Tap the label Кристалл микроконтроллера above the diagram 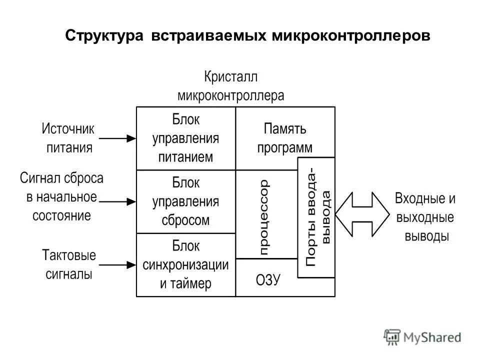[x=231, y=86]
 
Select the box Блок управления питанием [x=185, y=138]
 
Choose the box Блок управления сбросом [x=185, y=201]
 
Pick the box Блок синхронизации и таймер [x=185, y=264]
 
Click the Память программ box [x=284, y=138]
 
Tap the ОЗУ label [x=268, y=280]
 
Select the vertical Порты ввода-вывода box [x=316, y=217]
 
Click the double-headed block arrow [x=362, y=213]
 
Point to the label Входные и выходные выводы [x=425, y=217]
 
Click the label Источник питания [x=68, y=138]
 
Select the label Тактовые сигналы [x=69, y=264]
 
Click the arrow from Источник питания [x=117, y=138]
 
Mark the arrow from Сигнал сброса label [x=117, y=201]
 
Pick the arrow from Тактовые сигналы [x=117, y=264]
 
